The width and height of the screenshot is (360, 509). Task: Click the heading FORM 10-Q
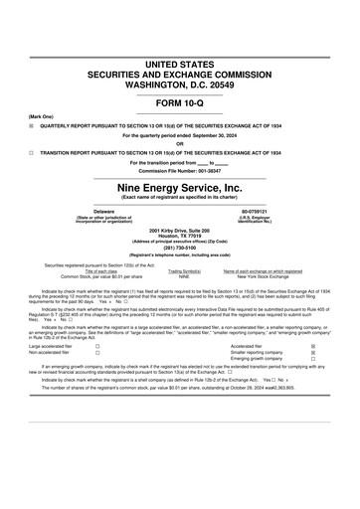179,102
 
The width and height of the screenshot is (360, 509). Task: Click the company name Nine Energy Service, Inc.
179,186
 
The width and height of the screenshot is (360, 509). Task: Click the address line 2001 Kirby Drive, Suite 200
179,229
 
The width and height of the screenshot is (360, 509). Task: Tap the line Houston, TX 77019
179,235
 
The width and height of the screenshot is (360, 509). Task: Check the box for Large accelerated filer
96,345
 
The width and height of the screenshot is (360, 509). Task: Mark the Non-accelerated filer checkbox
96,352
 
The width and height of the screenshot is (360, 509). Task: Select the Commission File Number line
179,170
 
